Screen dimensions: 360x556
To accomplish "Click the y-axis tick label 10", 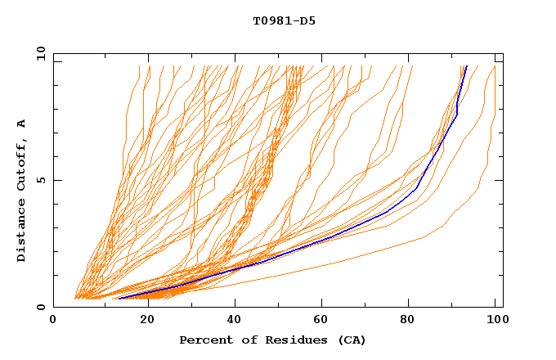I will [40, 53].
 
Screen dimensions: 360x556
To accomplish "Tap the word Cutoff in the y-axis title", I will [21, 164].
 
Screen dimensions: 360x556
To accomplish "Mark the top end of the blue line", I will [465, 66].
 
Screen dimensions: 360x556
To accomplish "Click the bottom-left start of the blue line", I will [119, 298].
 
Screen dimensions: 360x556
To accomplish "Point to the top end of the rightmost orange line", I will [495, 66].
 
